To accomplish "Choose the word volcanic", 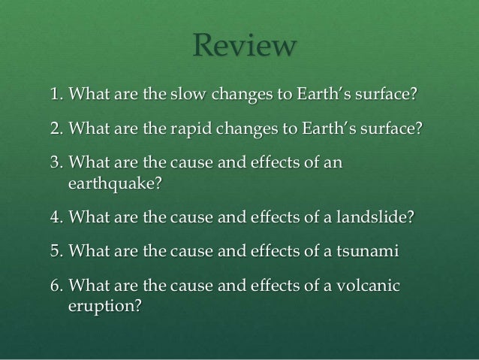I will pos(368,286).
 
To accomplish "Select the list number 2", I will pos(55,129).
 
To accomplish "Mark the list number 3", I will pos(55,162).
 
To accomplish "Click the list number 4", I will pos(55,217).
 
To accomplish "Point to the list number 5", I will pos(55,251).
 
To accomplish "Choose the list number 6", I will pos(55,286).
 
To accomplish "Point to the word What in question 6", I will pos(90,286).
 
